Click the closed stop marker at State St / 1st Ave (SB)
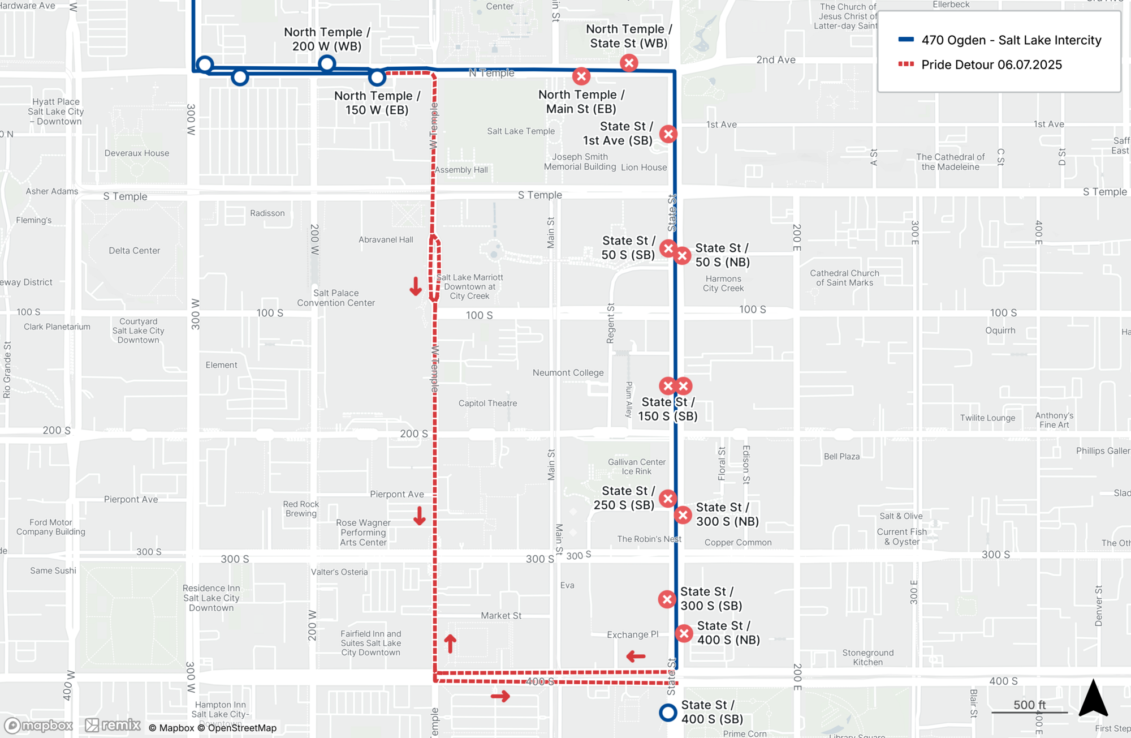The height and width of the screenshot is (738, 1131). (668, 134)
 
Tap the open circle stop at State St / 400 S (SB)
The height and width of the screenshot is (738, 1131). (668, 713)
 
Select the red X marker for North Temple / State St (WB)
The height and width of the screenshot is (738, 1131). (629, 63)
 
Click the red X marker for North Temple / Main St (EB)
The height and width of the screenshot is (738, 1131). (581, 76)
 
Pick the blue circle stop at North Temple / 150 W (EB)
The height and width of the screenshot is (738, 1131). (377, 77)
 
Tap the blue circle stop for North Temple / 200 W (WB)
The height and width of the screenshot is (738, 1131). (327, 63)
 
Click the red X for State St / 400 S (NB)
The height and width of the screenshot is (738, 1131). (684, 633)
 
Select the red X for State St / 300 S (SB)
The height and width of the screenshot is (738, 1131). (667, 599)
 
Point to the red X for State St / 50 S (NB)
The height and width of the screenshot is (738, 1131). (683, 256)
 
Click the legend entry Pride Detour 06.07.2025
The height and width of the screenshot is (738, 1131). (991, 65)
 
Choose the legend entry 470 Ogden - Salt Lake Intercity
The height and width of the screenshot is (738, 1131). (1011, 40)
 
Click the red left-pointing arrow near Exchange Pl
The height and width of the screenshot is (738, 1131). (636, 657)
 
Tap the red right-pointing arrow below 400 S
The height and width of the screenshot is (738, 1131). (500, 697)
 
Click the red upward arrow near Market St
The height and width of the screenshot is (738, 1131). (450, 643)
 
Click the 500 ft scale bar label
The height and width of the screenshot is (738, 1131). (1029, 705)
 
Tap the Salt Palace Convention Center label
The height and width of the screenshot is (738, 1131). (336, 298)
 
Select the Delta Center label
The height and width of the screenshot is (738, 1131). (134, 251)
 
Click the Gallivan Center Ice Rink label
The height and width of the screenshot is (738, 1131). (637, 466)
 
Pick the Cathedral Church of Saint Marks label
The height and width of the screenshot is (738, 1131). (844, 278)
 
